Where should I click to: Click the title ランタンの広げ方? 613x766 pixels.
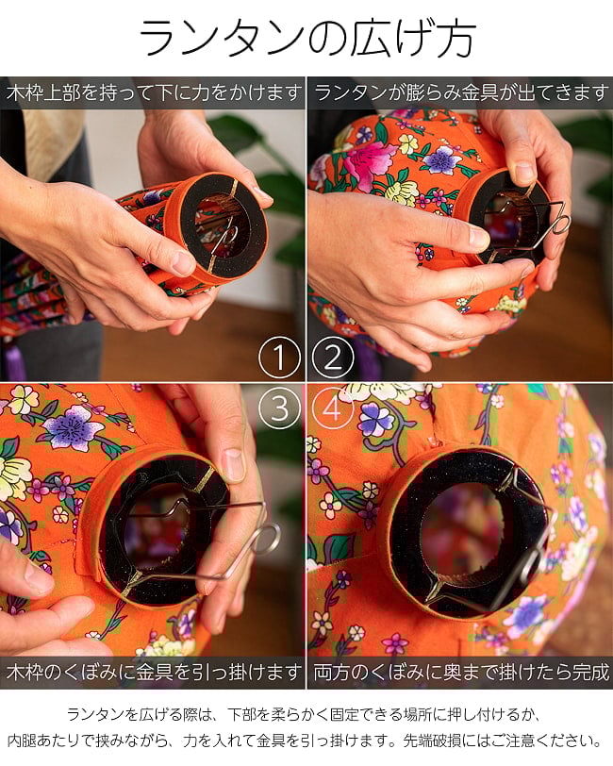pos(307,39)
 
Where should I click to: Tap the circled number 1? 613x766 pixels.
pos(279,358)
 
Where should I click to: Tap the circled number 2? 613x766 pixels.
pos(333,358)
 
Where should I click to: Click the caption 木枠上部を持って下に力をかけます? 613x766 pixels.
pos(153,92)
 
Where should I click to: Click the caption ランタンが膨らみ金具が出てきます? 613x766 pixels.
pos(461,92)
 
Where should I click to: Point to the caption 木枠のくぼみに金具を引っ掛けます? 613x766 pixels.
pos(153,673)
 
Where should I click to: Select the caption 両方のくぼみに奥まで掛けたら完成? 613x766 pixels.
pos(461,673)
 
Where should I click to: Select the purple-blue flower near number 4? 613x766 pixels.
pos(375,419)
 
